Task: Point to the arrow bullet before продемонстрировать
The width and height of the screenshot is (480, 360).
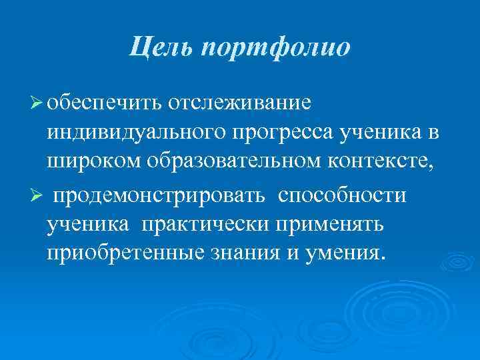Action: click(x=37, y=196)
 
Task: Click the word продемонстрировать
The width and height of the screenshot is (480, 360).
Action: click(x=161, y=196)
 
